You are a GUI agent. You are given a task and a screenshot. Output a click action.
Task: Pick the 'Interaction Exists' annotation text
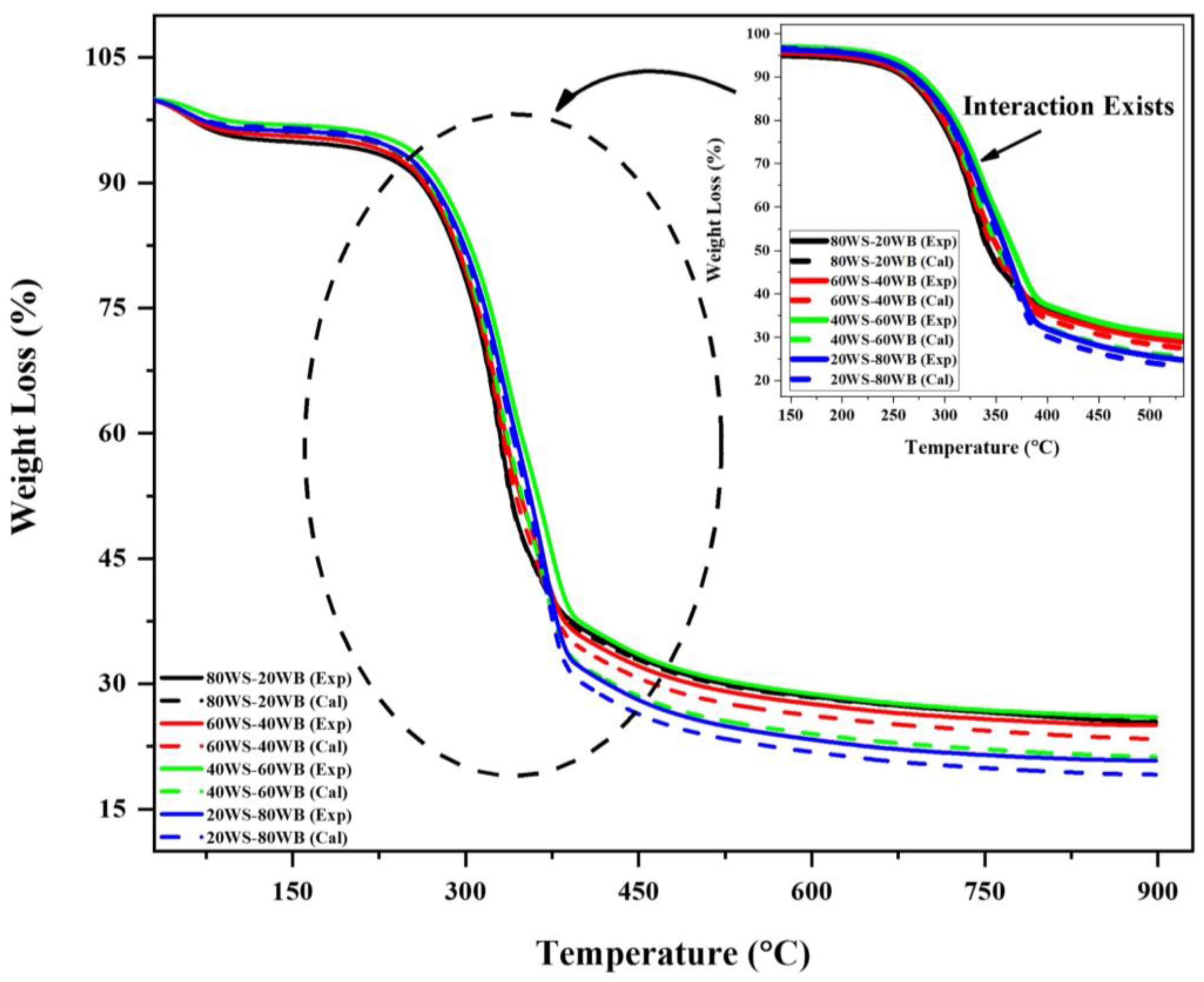1068,106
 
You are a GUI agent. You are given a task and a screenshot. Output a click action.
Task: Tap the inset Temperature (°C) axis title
982,448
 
